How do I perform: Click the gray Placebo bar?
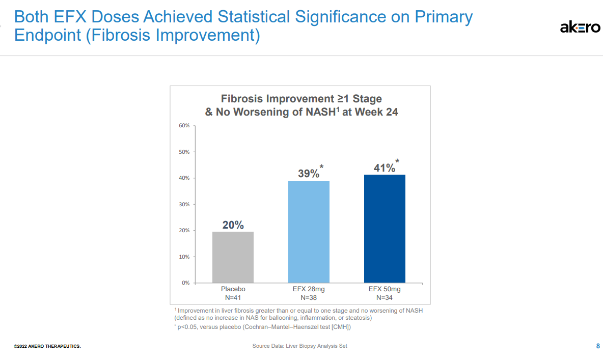pyautogui.click(x=233, y=257)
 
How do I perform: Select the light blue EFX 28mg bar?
pyautogui.click(x=309, y=232)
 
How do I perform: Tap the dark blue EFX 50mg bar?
pyautogui.click(x=385, y=229)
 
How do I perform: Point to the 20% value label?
pyautogui.click(x=233, y=225)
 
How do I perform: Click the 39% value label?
pyautogui.click(x=309, y=174)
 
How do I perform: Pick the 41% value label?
pyautogui.click(x=385, y=168)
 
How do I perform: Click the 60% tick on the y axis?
pyautogui.click(x=184, y=126)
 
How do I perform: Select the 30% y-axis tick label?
pyautogui.click(x=184, y=204)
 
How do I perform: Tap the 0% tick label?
pyautogui.click(x=185, y=283)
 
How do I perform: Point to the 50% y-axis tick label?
pyautogui.click(x=184, y=152)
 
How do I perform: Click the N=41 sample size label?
pyautogui.click(x=233, y=297)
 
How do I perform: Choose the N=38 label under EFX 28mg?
pyautogui.click(x=309, y=297)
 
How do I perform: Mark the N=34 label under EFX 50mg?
pyautogui.click(x=385, y=297)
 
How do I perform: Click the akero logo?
pyautogui.click(x=580, y=27)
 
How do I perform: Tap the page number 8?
pyautogui.click(x=597, y=346)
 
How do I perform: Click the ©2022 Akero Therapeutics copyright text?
pyautogui.click(x=47, y=347)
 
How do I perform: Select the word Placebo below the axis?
pyautogui.click(x=233, y=289)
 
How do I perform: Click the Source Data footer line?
pyautogui.click(x=299, y=346)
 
